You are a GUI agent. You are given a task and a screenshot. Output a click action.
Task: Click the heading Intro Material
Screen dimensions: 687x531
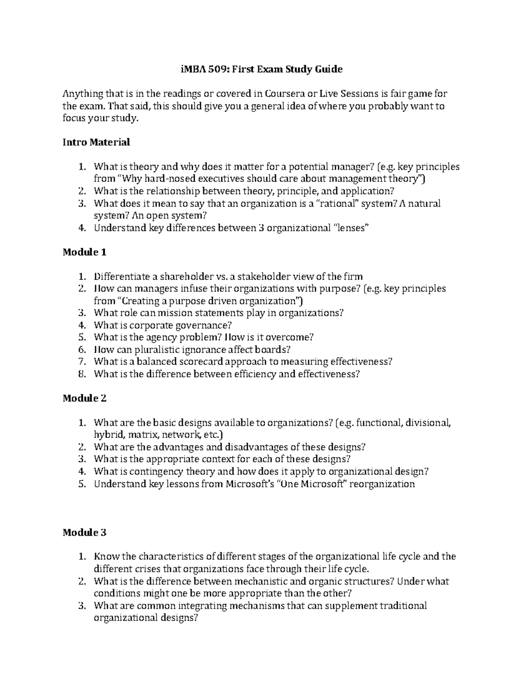click(x=96, y=142)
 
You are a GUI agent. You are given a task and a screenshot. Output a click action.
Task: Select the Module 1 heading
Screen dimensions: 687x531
click(x=85, y=252)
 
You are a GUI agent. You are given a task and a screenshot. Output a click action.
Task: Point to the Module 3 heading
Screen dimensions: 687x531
click(x=85, y=532)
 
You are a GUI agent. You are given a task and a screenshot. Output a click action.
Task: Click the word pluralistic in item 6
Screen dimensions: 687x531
click(x=151, y=349)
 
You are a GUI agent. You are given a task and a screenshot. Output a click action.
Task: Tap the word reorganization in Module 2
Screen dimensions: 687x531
click(x=384, y=484)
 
